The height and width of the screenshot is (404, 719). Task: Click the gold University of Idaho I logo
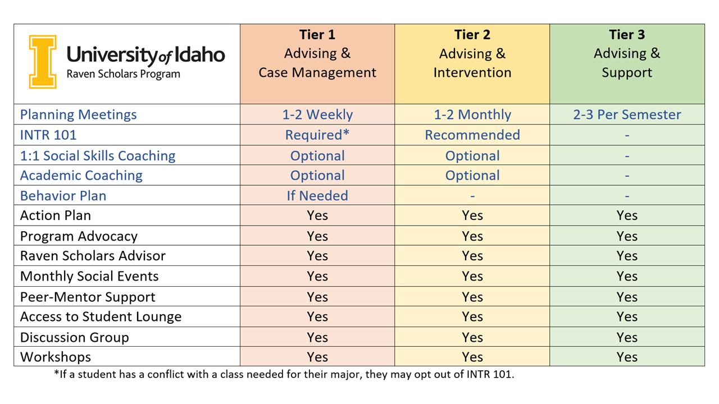43,62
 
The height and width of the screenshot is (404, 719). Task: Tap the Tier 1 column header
317,54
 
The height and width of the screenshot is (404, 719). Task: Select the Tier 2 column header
472,54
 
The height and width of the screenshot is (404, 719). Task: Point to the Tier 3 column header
627,54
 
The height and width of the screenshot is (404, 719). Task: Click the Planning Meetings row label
79,114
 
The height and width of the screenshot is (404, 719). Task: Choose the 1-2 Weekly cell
317,114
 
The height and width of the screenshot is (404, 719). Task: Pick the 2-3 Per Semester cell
627,114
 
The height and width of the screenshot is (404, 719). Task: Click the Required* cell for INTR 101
317,135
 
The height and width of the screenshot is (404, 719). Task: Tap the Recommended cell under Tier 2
472,135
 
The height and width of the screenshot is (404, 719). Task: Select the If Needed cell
317,196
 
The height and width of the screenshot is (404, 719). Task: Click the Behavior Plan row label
63,196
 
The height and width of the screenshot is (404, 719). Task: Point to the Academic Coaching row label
81,176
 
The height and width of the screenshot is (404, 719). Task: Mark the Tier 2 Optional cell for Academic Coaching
472,176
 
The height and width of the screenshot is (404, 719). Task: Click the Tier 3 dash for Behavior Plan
627,196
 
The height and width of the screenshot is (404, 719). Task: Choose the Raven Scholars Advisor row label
93,256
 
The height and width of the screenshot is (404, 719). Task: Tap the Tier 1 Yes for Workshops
317,357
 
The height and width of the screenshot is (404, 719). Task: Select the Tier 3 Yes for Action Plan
627,215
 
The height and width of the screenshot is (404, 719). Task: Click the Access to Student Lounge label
101,316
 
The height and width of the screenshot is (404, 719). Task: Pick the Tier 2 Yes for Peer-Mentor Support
472,297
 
